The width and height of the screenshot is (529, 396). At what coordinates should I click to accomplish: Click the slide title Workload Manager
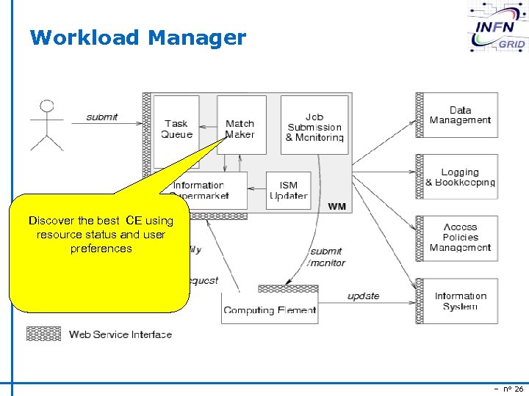[x=138, y=37]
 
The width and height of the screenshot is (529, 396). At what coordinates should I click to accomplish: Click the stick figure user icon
[x=47, y=125]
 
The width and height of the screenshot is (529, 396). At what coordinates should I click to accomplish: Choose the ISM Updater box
[x=288, y=191]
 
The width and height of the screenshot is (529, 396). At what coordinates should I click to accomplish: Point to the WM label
[x=337, y=207]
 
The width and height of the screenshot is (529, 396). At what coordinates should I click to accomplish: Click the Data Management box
[x=460, y=115]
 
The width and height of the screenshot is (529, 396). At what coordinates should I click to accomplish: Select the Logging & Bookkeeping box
[x=460, y=177]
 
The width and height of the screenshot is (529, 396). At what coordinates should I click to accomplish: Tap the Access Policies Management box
[x=460, y=238]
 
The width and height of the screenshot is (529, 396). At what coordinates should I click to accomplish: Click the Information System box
[x=460, y=301]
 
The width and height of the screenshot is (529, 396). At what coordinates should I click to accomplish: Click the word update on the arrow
[x=363, y=296]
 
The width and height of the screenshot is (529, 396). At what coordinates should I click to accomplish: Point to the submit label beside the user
[x=102, y=117]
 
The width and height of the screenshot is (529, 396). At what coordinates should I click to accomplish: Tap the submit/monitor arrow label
[x=325, y=257]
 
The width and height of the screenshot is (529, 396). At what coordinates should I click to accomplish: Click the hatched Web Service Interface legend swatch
[x=43, y=334]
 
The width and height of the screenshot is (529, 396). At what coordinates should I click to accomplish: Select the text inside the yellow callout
[x=101, y=235]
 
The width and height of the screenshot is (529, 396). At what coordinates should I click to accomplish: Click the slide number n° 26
[x=508, y=388]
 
